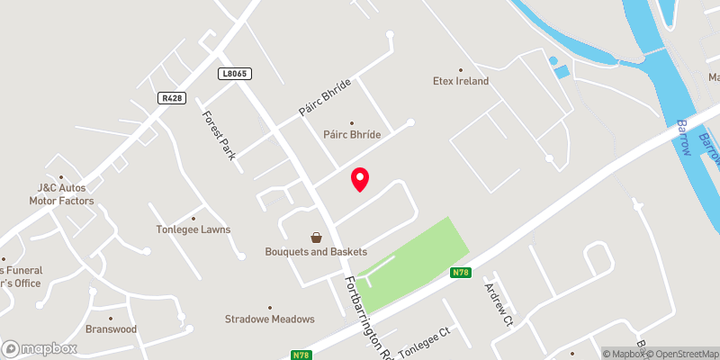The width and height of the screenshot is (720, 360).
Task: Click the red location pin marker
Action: [360, 179]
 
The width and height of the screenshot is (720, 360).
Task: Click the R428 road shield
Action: [171, 97]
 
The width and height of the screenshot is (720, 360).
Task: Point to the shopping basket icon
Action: [317, 238]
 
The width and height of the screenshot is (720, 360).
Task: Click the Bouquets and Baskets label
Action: [309, 252]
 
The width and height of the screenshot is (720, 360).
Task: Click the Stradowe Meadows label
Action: [270, 319]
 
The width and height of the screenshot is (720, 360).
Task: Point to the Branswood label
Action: [111, 329]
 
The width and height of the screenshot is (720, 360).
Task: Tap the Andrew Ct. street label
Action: [498, 304]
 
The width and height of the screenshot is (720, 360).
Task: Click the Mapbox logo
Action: [39, 348]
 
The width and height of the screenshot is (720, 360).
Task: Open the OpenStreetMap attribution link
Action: [680, 354]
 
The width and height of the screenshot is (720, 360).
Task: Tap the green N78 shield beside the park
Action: [460, 273]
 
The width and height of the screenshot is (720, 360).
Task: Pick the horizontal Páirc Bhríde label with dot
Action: [352, 134]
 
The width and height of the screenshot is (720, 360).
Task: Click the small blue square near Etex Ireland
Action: [562, 71]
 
